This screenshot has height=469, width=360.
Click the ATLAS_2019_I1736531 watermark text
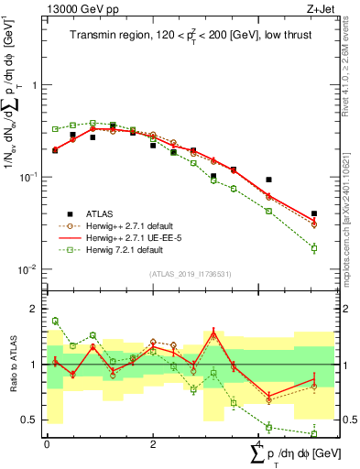pos(190,274)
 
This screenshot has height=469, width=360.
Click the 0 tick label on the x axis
pos(47,444)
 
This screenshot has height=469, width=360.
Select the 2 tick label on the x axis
pos(152,444)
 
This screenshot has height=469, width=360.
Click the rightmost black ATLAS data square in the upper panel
pos(314,213)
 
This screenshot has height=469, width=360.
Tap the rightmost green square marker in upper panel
pos(314,248)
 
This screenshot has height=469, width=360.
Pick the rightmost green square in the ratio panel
pos(314,433)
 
